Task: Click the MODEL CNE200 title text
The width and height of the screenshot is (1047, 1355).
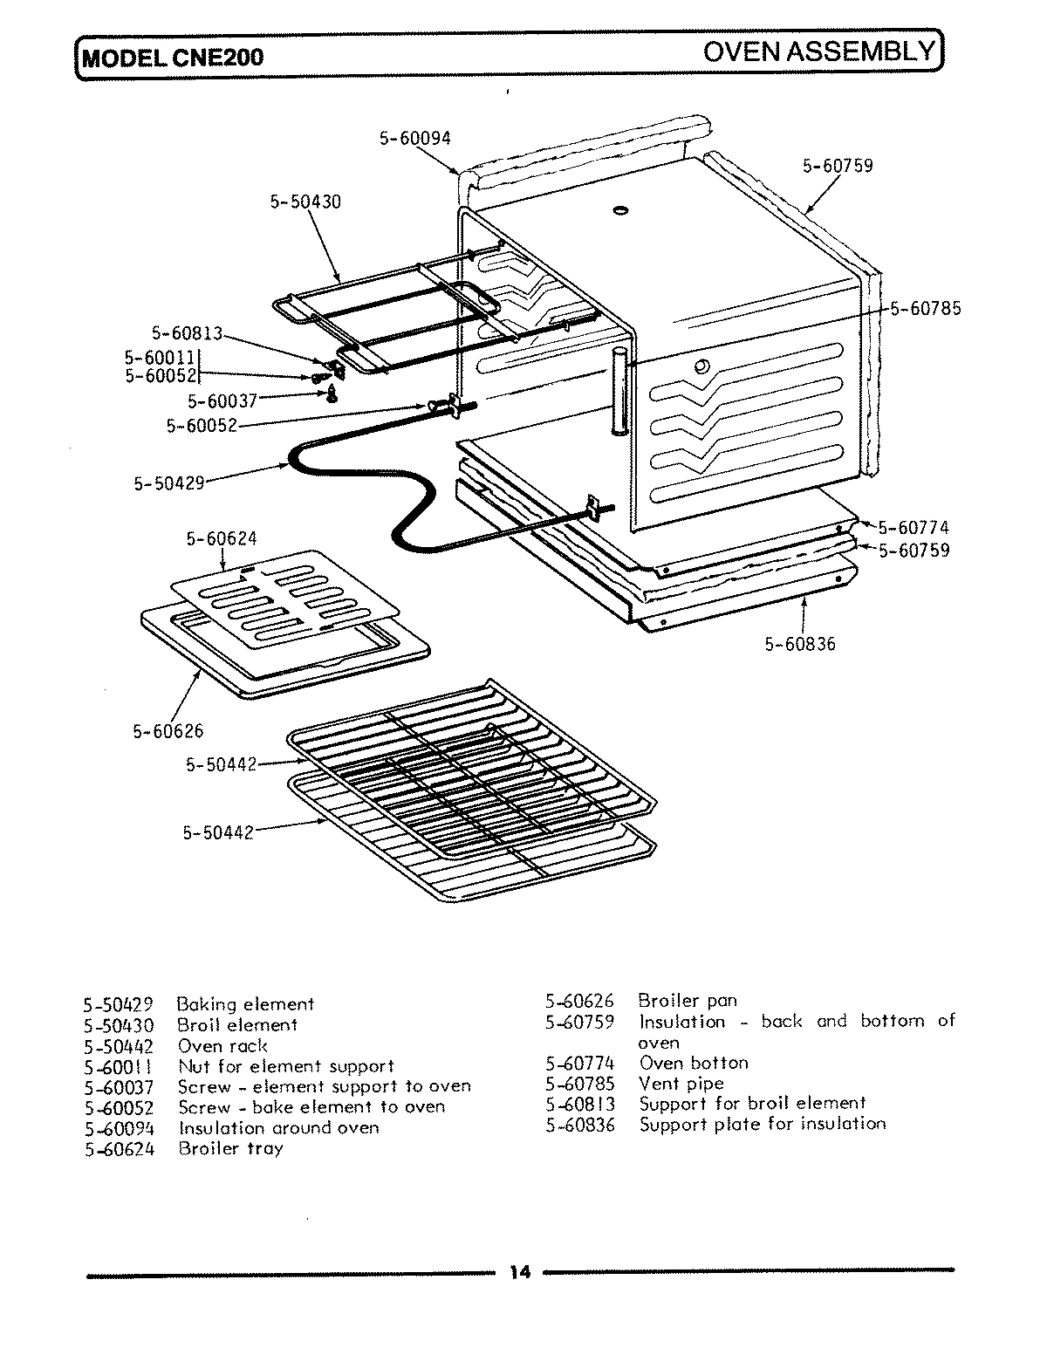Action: pyautogui.click(x=172, y=58)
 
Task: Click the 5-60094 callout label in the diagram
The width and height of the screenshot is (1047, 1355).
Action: pyautogui.click(x=414, y=138)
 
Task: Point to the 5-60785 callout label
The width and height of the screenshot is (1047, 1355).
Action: pyautogui.click(x=926, y=309)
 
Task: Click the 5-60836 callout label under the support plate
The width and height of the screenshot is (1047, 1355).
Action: pyautogui.click(x=800, y=645)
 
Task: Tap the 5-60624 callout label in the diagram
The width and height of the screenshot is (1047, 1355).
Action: pyautogui.click(x=222, y=539)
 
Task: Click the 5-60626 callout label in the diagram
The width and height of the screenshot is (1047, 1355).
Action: pyautogui.click(x=168, y=731)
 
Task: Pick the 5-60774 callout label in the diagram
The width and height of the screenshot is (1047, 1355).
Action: pyautogui.click(x=914, y=528)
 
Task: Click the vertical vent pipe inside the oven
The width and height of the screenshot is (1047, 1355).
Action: pyautogui.click(x=619, y=390)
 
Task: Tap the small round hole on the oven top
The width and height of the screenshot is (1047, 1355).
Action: pyautogui.click(x=620, y=211)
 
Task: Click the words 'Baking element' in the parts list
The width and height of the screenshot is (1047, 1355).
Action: pyautogui.click(x=245, y=1004)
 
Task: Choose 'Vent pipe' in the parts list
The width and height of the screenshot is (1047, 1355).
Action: pyautogui.click(x=681, y=1084)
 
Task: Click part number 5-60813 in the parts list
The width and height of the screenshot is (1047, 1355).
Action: pyautogui.click(x=580, y=1104)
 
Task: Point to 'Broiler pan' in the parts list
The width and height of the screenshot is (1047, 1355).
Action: pyautogui.click(x=688, y=1001)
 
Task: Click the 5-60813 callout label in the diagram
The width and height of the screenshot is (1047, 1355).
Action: pyautogui.click(x=188, y=333)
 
